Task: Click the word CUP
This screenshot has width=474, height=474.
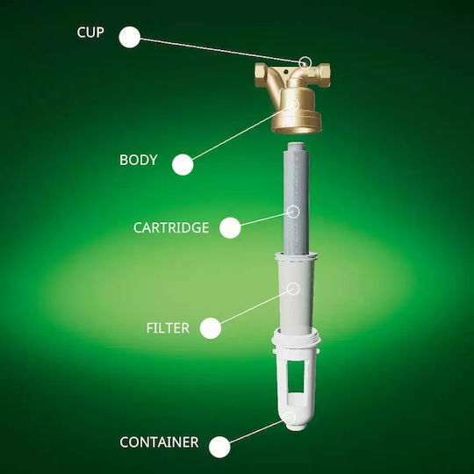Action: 90,32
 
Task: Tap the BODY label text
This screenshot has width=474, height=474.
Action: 139,160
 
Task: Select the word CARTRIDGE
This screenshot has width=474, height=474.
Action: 171,227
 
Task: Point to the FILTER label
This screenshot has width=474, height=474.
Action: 168,328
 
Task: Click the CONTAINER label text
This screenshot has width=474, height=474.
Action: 159,442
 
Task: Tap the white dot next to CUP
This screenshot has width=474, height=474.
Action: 130,37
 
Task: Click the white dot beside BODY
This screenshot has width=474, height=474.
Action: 183,165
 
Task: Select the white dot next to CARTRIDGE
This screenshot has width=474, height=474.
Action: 230,227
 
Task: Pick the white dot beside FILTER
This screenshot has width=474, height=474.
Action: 211,328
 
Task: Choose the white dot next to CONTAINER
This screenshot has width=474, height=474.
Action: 219,447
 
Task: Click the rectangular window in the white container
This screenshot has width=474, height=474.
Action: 296,377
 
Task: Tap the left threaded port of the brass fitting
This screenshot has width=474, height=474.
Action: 262,75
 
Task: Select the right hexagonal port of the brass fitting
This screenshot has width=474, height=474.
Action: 323,73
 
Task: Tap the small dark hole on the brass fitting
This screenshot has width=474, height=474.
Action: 285,72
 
